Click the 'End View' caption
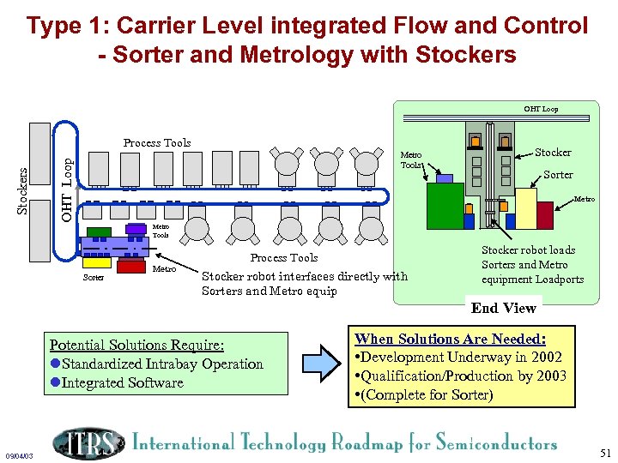click(504, 308)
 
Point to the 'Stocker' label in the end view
click(553, 153)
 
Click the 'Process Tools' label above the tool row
click(157, 143)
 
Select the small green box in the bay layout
click(100, 231)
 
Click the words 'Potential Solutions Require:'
click(136, 345)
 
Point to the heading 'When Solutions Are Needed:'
click(450, 339)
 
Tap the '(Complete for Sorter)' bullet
click(424, 394)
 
